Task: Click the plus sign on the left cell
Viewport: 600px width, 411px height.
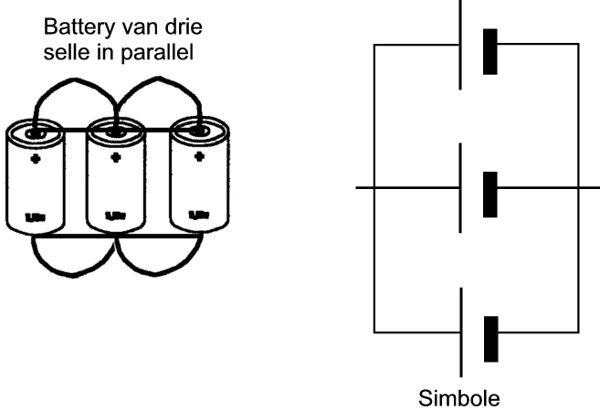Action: [36, 158]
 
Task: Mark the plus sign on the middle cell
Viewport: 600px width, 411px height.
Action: [116, 157]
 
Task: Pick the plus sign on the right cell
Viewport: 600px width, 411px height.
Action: [195, 158]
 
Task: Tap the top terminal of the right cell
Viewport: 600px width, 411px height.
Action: [195, 133]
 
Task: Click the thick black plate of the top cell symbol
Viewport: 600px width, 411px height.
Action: [490, 52]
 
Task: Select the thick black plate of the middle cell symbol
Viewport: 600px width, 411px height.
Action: [490, 194]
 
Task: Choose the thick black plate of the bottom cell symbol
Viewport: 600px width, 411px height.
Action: [490, 340]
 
